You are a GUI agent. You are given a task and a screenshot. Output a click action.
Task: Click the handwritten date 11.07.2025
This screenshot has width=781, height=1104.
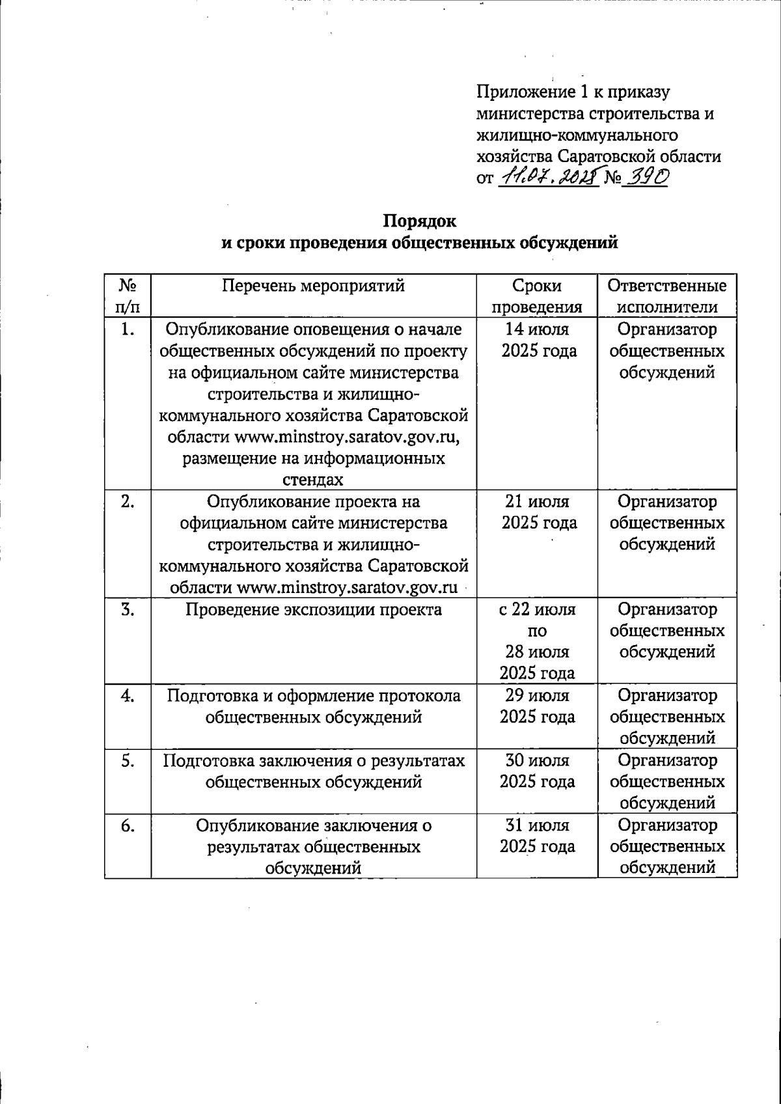point(547,176)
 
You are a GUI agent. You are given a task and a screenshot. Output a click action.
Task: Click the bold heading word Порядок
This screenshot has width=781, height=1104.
point(419,221)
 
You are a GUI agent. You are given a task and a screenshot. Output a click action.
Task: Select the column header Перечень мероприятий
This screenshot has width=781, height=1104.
point(313,286)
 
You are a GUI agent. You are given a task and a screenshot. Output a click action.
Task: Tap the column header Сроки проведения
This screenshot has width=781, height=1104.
point(537,296)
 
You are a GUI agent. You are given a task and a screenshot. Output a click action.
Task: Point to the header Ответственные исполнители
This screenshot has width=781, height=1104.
point(667,296)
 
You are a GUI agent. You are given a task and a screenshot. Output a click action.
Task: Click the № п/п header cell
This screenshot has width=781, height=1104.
point(128,296)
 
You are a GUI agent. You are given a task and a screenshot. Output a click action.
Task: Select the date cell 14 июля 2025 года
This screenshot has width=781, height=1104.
point(538,340)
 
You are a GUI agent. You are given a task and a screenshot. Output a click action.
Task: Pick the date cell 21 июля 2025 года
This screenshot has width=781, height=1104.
point(538,512)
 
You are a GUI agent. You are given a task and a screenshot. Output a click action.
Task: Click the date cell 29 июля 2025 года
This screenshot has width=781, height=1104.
point(538,706)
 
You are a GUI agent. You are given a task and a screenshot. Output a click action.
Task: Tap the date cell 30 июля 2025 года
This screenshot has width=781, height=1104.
point(538,771)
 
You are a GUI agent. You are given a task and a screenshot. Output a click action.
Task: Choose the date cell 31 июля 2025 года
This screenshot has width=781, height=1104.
point(538,836)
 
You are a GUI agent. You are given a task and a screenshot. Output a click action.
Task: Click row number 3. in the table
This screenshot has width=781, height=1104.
point(128,609)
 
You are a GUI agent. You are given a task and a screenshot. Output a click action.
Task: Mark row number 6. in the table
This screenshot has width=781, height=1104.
point(128,825)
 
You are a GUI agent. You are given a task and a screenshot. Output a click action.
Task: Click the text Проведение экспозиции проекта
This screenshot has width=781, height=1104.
point(313,609)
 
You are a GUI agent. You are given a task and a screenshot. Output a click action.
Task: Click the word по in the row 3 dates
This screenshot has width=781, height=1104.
point(538,631)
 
